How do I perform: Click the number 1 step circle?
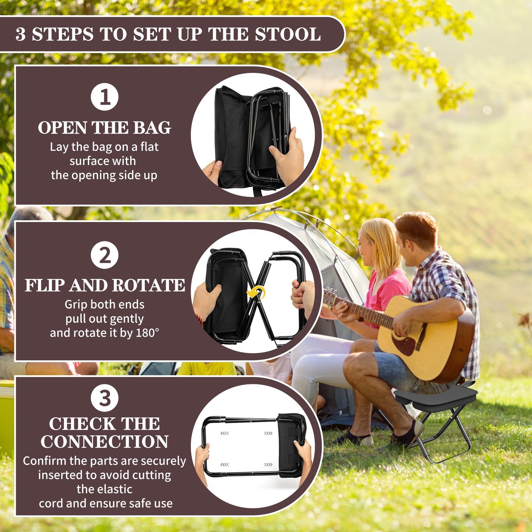tap(105, 97)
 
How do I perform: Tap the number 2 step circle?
tap(105, 255)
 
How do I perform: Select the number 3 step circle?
tap(105, 398)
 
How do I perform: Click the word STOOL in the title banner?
tap(288, 34)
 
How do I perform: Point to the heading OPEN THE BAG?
tap(105, 128)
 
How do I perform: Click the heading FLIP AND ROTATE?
tap(105, 285)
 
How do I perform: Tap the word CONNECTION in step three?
tap(105, 442)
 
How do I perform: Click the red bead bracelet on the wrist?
tap(200, 321)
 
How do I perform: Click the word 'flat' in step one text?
tap(149, 147)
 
